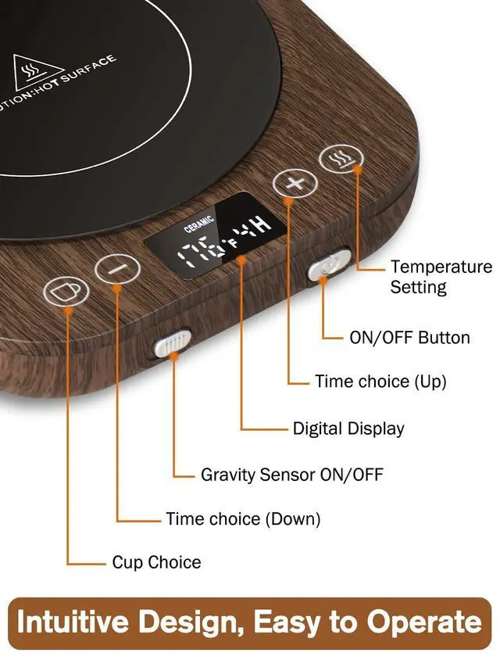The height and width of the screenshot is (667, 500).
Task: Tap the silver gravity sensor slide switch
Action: coord(173,342)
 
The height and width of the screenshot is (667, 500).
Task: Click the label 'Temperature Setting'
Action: coord(441,277)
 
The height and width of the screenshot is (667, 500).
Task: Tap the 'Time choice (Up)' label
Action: coord(380,382)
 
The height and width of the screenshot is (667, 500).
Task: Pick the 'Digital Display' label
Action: coord(348,429)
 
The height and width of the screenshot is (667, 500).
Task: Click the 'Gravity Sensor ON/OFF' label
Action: coord(291,475)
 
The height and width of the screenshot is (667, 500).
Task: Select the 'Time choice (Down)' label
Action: coord(243,518)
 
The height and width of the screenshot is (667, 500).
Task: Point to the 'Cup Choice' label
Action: coord(156,562)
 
